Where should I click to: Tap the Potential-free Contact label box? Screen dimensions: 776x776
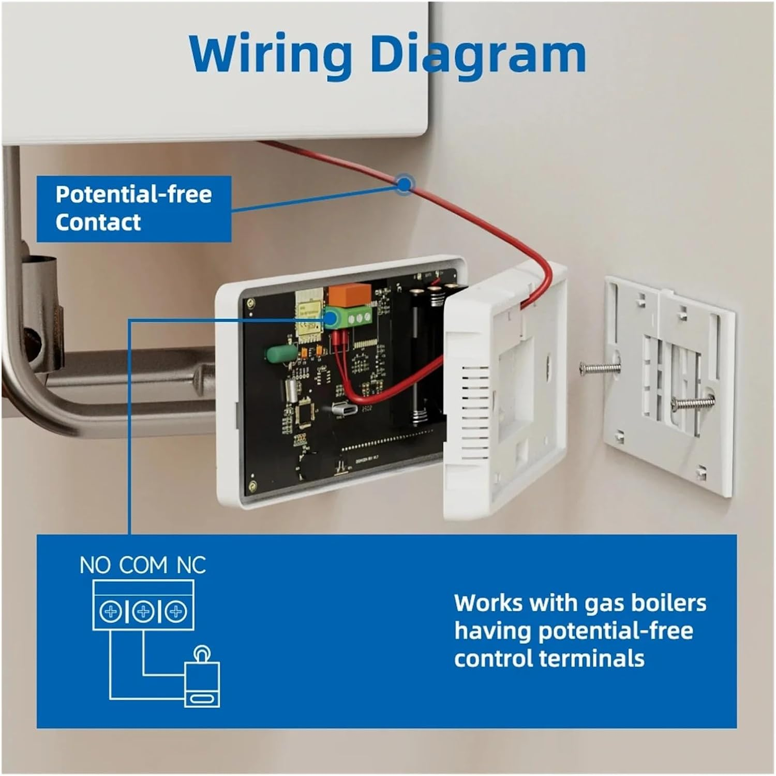(133, 208)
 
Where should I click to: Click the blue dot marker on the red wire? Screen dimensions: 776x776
(404, 183)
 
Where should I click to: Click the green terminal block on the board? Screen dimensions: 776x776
(349, 317)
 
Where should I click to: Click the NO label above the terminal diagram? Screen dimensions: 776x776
(95, 565)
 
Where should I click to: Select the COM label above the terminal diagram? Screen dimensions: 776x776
(144, 565)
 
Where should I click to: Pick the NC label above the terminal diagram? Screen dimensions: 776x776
(191, 565)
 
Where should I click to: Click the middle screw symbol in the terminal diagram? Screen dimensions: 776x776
(143, 612)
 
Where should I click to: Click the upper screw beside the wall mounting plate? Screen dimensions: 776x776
(601, 369)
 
